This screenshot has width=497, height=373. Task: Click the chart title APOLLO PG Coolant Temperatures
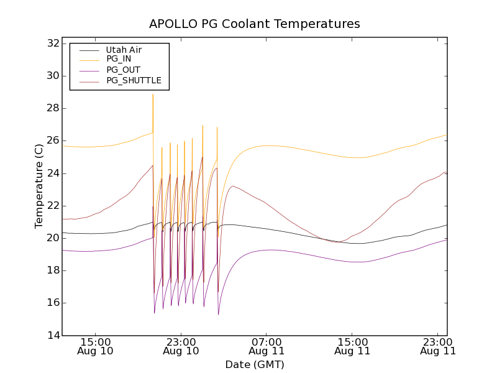click(255, 24)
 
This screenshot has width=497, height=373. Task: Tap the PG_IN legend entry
click(119, 59)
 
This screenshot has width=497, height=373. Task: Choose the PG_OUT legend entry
click(123, 70)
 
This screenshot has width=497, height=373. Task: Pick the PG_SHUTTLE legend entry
click(134, 80)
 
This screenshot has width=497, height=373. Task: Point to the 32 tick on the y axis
click(52, 44)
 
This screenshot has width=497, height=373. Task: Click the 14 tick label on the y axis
click(52, 336)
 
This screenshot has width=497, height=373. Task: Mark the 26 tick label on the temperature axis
click(52, 141)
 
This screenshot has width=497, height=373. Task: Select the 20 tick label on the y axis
click(52, 238)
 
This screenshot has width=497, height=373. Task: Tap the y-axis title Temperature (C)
click(39, 186)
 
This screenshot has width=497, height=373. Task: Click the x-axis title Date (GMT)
click(255, 364)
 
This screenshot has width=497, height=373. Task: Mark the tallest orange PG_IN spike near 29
click(153, 95)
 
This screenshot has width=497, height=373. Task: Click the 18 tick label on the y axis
click(52, 270)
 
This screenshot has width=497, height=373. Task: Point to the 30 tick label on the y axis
click(52, 76)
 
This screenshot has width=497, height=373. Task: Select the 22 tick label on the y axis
click(52, 206)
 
